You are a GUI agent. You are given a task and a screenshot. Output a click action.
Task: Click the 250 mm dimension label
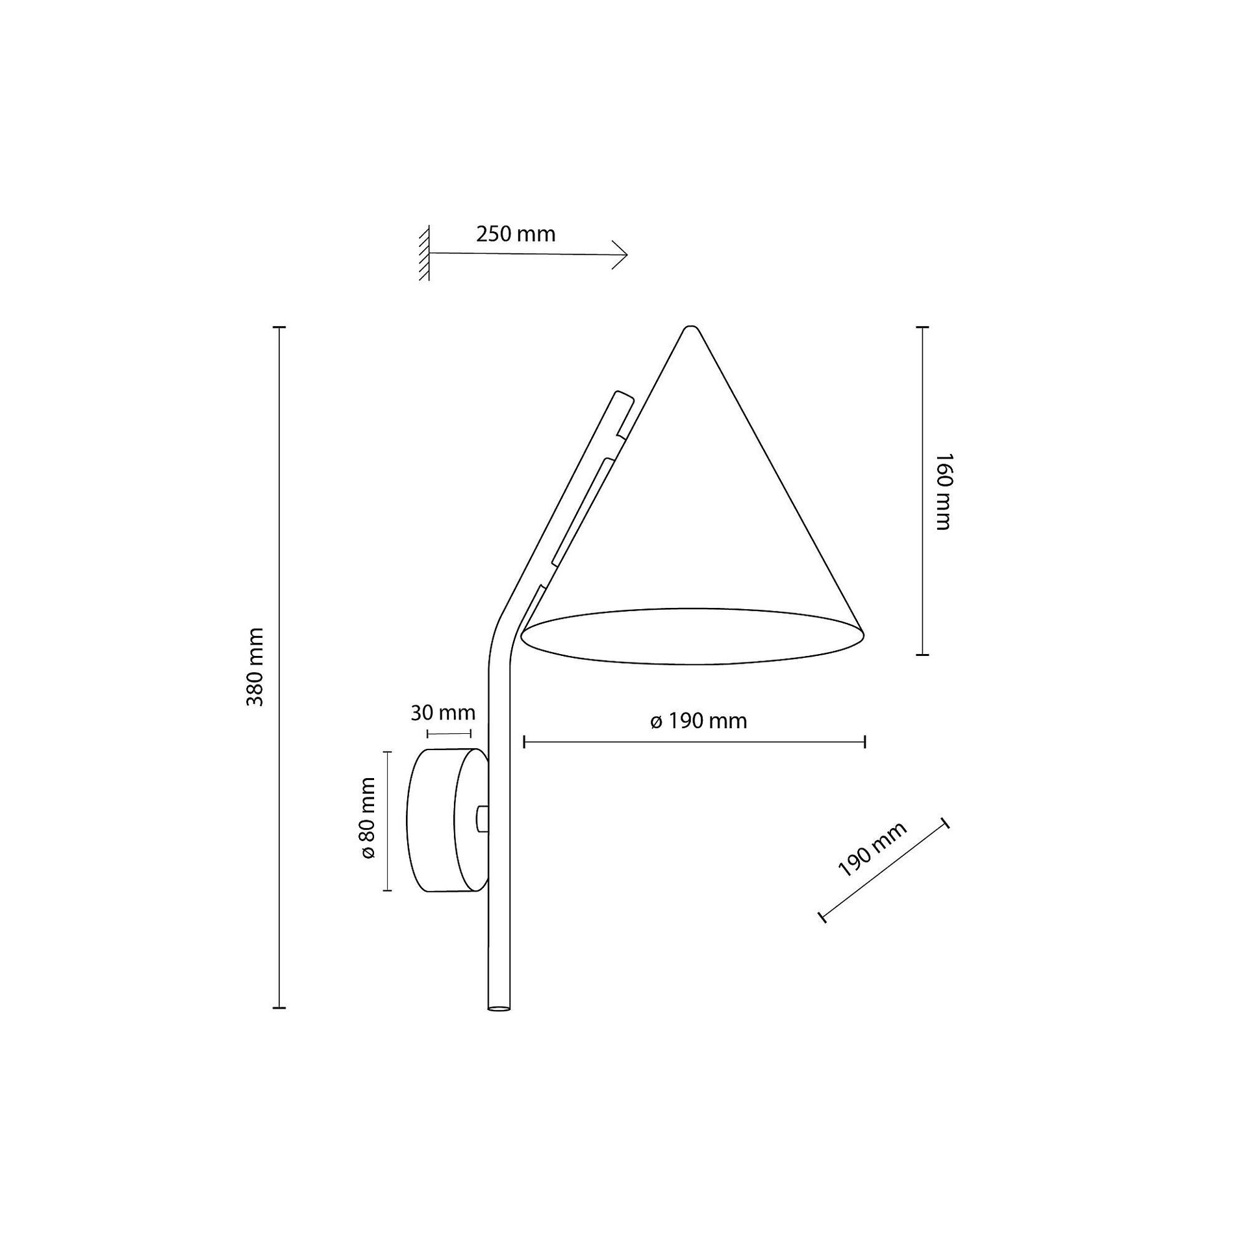pyautogui.click(x=516, y=234)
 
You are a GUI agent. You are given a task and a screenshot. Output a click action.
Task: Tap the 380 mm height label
pyautogui.click(x=255, y=667)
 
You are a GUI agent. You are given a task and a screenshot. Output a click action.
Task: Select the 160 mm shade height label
pyautogui.click(x=942, y=492)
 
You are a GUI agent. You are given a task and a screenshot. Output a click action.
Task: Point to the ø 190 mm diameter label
pyautogui.click(x=698, y=721)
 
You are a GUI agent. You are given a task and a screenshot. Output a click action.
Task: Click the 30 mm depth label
pyautogui.click(x=443, y=713)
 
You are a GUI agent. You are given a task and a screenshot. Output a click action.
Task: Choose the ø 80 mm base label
pyautogui.click(x=368, y=818)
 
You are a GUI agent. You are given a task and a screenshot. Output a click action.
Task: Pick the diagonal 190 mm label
pyautogui.click(x=872, y=850)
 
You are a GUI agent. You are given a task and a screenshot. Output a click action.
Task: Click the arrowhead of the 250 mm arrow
pyautogui.click(x=620, y=255)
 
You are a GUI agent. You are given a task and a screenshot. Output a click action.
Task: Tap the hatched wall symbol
pyautogui.click(x=425, y=253)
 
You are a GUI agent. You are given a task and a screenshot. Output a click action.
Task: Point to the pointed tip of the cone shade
pyautogui.click(x=691, y=328)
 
